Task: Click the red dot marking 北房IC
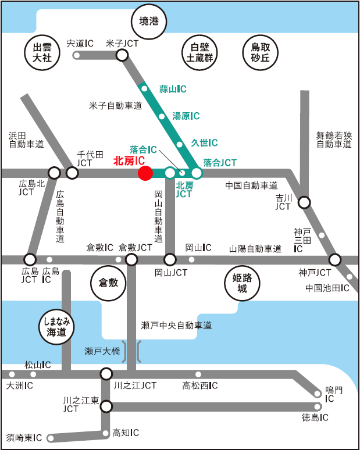145,173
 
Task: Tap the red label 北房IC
129,160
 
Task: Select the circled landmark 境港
149,22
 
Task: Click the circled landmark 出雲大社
42,52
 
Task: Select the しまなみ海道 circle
56,327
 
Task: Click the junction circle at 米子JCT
122,55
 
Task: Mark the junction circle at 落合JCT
197,173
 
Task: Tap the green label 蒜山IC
173,89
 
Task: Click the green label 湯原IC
186,116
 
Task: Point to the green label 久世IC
204,142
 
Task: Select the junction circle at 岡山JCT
170,259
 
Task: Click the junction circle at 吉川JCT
304,202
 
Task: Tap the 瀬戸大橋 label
102,351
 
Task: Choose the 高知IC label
126,433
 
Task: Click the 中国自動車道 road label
251,185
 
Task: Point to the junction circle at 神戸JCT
334,259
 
